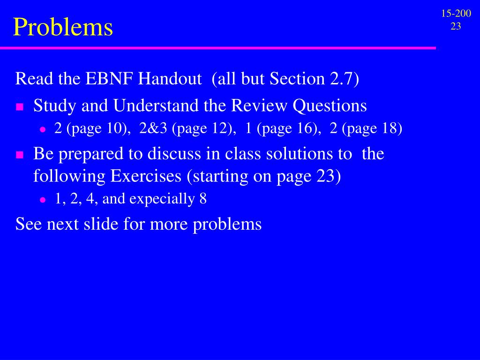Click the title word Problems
pos(63,27)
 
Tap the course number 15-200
pos(456,14)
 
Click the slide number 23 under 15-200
pos(456,26)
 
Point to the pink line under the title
pos(218,48)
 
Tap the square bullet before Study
pos(20,107)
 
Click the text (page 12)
pos(204,128)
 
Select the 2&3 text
pos(153,128)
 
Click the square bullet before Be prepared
pos(20,155)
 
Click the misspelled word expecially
pos(162,199)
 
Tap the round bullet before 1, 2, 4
pos(42,200)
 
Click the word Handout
pos(170,79)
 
